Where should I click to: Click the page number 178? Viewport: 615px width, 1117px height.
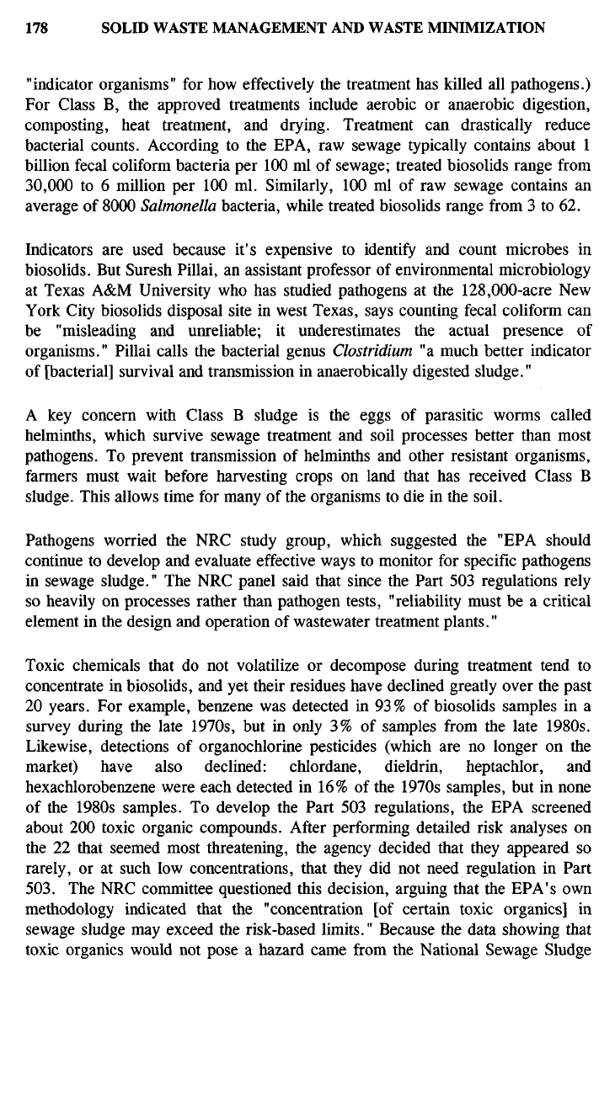36,28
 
